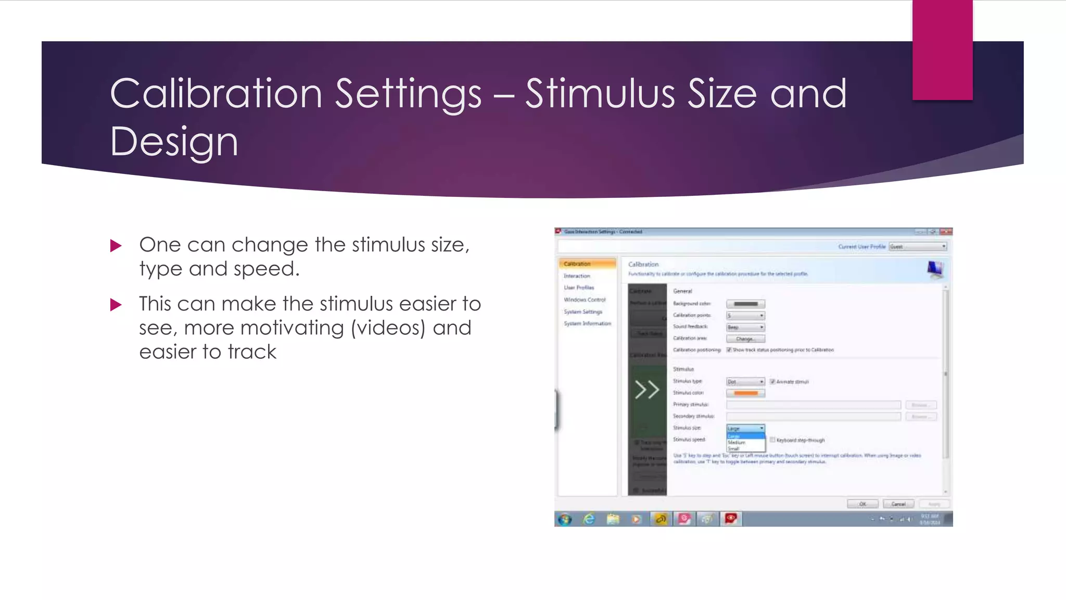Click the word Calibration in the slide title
[x=216, y=94]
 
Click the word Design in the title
[x=174, y=142]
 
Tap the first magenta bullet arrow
[x=116, y=246]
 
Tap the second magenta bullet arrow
[x=116, y=305]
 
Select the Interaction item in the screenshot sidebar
[x=577, y=276]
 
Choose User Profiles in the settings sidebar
[x=579, y=287]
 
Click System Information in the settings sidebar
[x=587, y=323]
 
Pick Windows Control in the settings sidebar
[x=585, y=299]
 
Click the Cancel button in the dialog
[x=898, y=504]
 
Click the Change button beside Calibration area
[x=745, y=339]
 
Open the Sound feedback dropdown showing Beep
[x=745, y=327]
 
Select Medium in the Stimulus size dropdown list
[x=737, y=442]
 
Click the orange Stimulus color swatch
[x=745, y=393]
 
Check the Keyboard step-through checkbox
[x=772, y=440]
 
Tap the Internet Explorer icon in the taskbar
[x=589, y=519]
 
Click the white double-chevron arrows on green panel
[x=647, y=390]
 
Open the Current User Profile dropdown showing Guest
[x=917, y=246]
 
